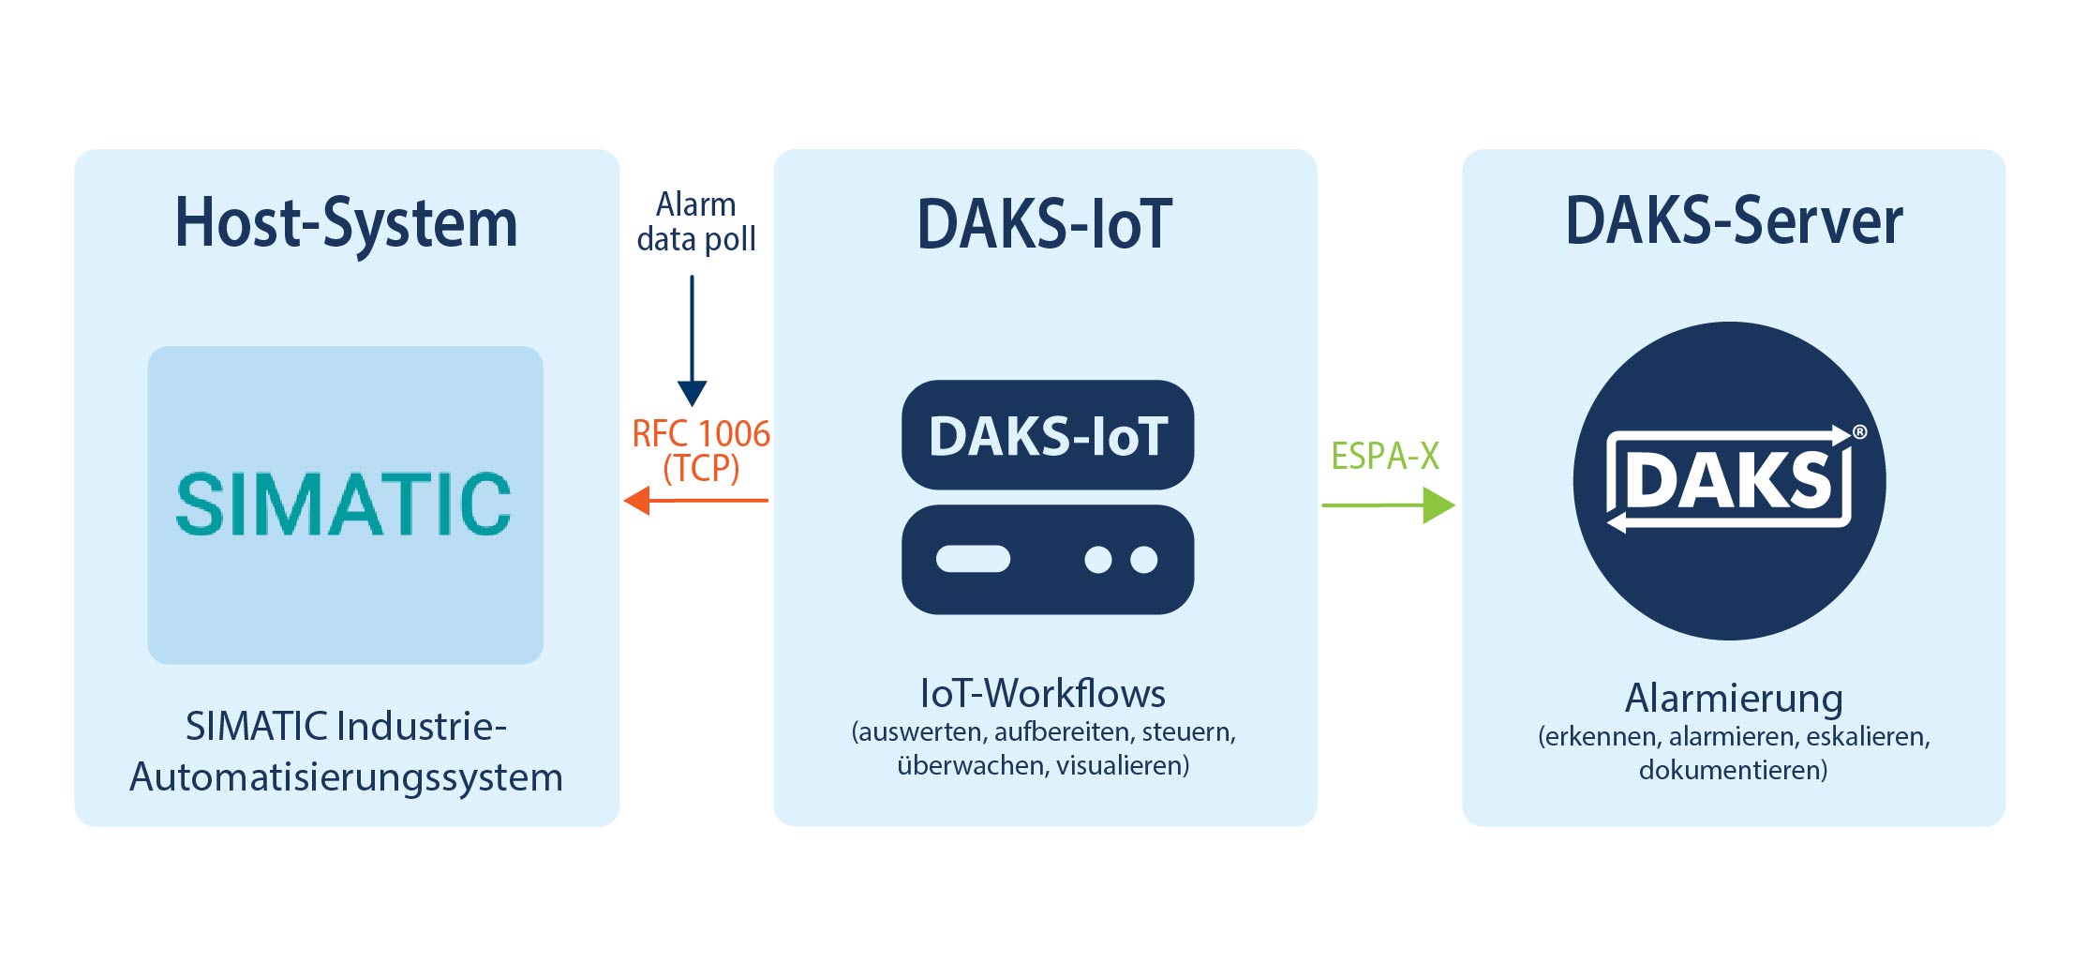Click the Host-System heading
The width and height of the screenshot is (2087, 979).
point(346,223)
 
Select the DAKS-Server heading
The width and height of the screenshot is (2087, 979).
point(1734,221)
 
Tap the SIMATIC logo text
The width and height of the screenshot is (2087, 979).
point(344,505)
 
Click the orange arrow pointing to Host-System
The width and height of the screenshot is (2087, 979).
point(696,500)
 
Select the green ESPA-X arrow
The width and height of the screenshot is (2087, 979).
point(1388,505)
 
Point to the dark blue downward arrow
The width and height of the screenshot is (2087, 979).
point(692,340)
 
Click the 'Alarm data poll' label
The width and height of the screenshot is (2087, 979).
point(695,221)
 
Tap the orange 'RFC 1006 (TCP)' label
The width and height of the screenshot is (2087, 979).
point(701,451)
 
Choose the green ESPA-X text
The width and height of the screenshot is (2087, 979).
point(1385,456)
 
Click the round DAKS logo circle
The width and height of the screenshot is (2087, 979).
point(1729,481)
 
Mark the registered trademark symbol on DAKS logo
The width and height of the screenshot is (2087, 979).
point(1859,432)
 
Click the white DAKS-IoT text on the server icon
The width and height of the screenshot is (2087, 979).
point(1048,436)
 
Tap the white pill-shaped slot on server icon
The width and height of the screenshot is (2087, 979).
point(973,559)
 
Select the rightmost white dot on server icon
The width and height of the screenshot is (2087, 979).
point(1143,560)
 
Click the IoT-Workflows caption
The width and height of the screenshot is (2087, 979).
point(1043,694)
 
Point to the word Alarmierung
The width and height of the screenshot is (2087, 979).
point(1734,699)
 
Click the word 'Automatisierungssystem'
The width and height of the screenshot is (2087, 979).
point(346,778)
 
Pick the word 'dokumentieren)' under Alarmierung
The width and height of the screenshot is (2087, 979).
point(1733,771)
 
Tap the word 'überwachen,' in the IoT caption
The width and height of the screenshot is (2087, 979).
point(973,766)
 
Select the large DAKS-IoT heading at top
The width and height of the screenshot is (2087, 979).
point(1045,223)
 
